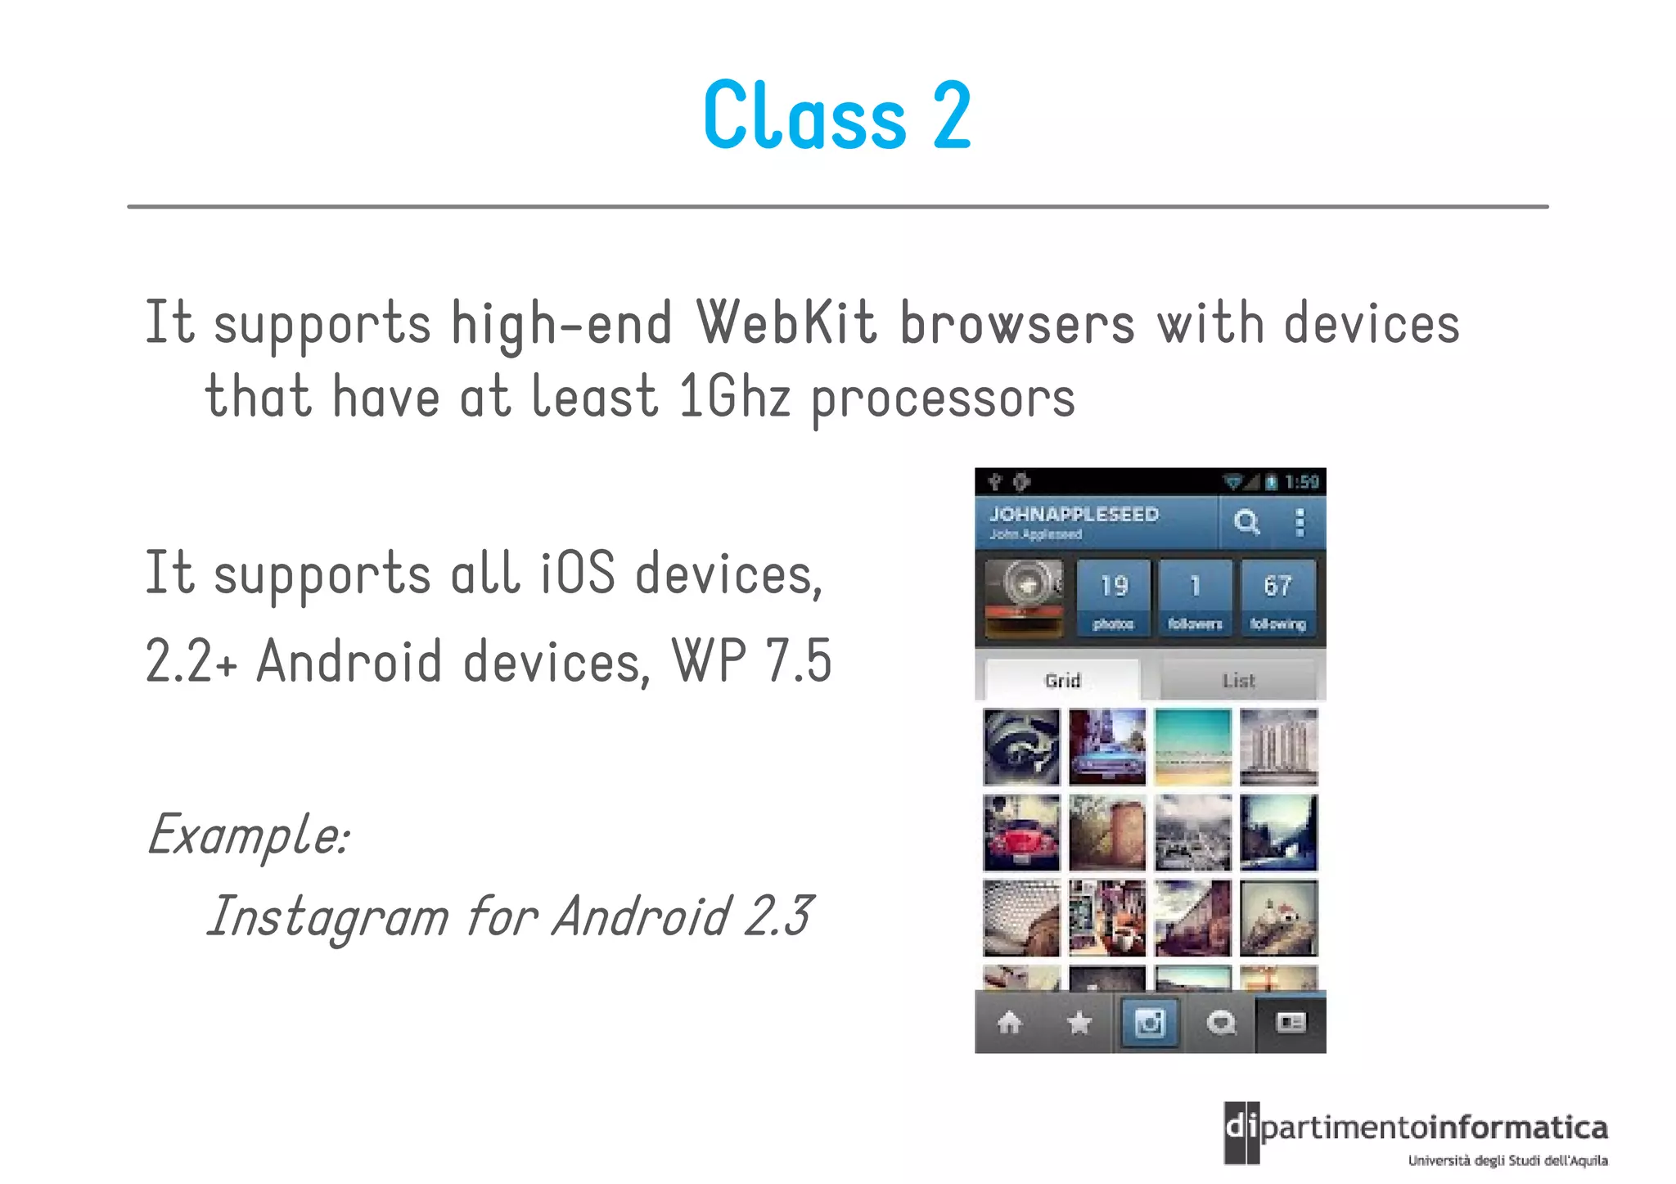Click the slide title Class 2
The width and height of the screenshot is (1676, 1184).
click(x=837, y=116)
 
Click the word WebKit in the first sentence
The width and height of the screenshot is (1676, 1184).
click(x=786, y=323)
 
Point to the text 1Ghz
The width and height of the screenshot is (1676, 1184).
click(x=734, y=397)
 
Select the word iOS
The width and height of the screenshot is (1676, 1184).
click(x=577, y=573)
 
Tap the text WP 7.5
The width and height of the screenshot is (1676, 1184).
click(x=751, y=660)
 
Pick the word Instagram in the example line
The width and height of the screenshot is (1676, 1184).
click(x=328, y=916)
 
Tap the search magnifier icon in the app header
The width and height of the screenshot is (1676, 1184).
click(x=1246, y=522)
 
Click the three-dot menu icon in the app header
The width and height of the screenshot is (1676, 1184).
click(x=1299, y=522)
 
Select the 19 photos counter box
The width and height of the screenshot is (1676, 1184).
click(x=1113, y=598)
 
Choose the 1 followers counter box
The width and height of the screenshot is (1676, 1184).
click(x=1195, y=598)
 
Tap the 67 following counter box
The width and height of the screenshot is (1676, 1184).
click(x=1277, y=598)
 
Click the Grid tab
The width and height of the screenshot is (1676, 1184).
click(x=1062, y=680)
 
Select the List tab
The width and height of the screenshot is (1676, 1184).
click(x=1238, y=680)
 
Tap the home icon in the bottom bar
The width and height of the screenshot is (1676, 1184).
click(x=1010, y=1022)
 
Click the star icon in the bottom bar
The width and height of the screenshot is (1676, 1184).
click(x=1080, y=1022)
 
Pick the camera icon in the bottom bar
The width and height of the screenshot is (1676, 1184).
click(x=1149, y=1022)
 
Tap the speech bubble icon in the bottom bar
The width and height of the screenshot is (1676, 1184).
click(x=1221, y=1022)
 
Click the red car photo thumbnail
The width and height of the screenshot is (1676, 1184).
click(x=1021, y=833)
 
